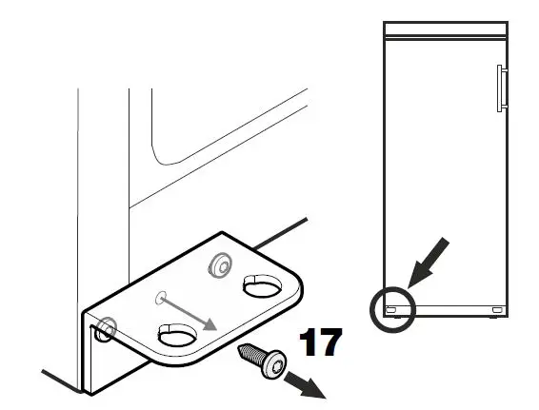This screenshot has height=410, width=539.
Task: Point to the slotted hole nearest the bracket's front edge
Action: [x=176, y=336]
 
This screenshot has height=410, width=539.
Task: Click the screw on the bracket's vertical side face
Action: [x=105, y=328]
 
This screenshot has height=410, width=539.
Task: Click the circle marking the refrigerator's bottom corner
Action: [x=392, y=307]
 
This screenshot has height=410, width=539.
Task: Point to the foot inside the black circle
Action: [x=391, y=309]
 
